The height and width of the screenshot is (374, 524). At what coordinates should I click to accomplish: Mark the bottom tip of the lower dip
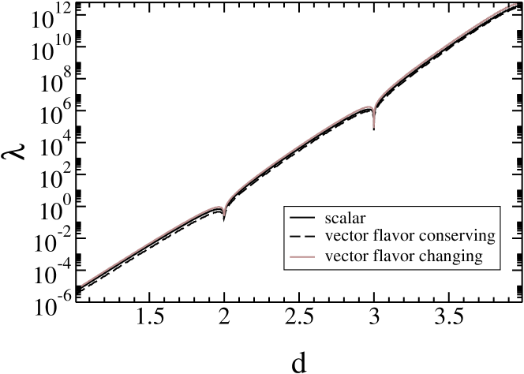(224, 215)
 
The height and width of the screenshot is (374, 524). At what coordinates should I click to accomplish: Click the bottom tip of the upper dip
(373, 126)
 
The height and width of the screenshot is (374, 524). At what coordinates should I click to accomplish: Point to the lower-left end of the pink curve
(81, 286)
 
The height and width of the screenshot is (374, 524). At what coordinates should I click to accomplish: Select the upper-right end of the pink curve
(515, 4)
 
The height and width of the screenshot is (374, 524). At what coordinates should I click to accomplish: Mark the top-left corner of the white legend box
(286, 207)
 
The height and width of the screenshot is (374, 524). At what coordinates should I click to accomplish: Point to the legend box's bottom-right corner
(500, 269)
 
